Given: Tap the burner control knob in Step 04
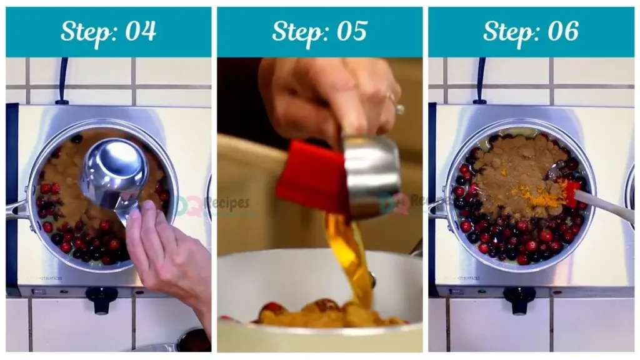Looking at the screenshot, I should click(101, 298).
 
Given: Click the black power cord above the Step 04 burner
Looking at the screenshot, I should click(62, 81).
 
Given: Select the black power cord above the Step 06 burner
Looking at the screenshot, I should click(479, 81).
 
